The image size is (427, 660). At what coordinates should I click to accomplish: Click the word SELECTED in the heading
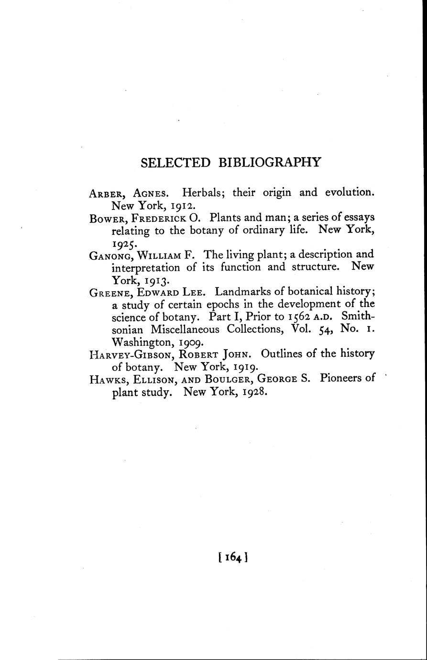coord(175,163)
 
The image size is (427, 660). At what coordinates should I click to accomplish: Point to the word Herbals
coord(200,193)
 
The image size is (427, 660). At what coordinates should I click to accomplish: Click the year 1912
coord(179,206)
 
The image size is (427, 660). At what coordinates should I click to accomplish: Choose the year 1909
coord(192,342)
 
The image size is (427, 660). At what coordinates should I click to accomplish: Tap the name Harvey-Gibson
coord(128,355)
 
